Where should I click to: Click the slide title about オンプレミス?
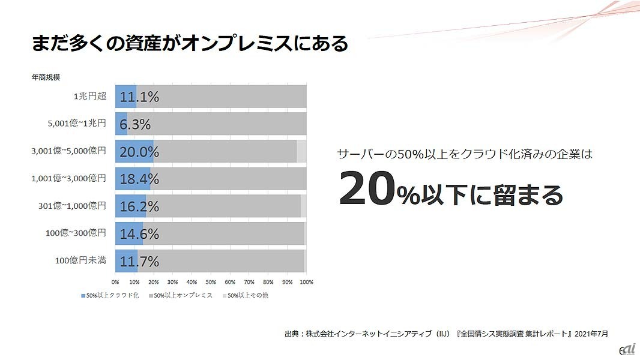pyautogui.click(x=190, y=44)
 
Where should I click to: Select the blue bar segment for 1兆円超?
pyautogui.click(x=125, y=97)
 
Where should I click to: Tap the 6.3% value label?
pyautogui.click(x=135, y=124)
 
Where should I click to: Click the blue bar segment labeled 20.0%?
pyautogui.click(x=134, y=151)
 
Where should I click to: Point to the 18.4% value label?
pyautogui.click(x=139, y=179)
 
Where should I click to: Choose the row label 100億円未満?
pyautogui.click(x=80, y=260)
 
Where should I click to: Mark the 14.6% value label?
pyautogui.click(x=139, y=233)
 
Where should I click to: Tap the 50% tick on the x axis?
pyautogui.click(x=211, y=281)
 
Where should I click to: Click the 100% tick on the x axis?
pyautogui.click(x=306, y=281)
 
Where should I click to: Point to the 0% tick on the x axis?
pyautogui.click(x=115, y=281)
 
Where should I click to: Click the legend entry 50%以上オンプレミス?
pyautogui.click(x=180, y=295)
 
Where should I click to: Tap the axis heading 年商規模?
pyautogui.click(x=46, y=77)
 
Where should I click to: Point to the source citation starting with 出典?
pyautogui.click(x=446, y=333)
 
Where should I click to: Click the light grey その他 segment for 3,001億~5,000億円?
pyautogui.click(x=301, y=151)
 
